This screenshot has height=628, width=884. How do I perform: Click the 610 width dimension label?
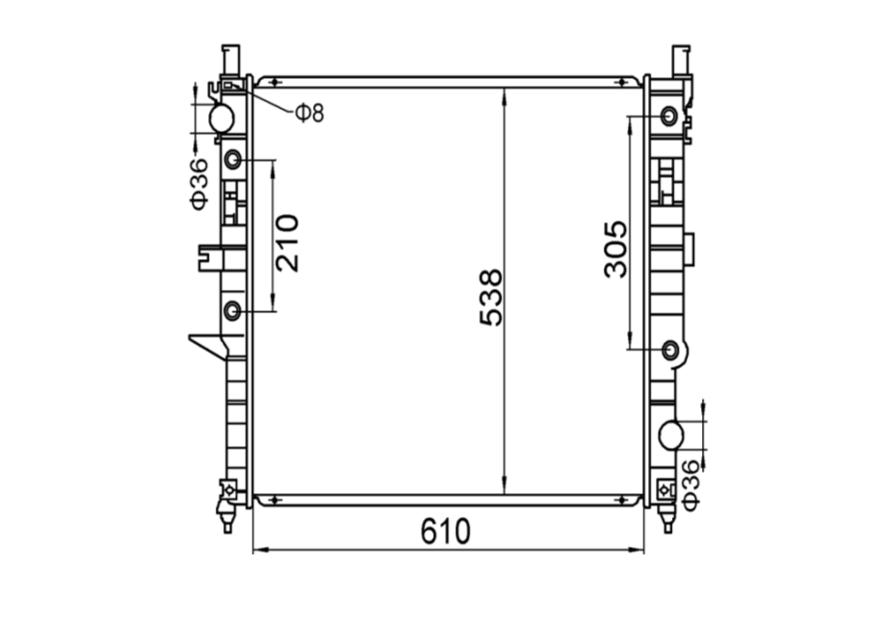[445, 531]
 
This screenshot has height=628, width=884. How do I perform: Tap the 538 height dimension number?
[490, 297]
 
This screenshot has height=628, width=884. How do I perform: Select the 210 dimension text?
[286, 243]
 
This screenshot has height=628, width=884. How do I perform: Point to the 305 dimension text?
[614, 249]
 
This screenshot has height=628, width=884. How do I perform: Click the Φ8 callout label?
[309, 114]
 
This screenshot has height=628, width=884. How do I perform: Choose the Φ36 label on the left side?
[199, 184]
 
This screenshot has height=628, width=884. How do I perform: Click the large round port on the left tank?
[221, 118]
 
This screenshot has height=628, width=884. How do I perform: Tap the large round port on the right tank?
[671, 435]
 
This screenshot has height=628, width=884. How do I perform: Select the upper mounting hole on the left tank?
[233, 160]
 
